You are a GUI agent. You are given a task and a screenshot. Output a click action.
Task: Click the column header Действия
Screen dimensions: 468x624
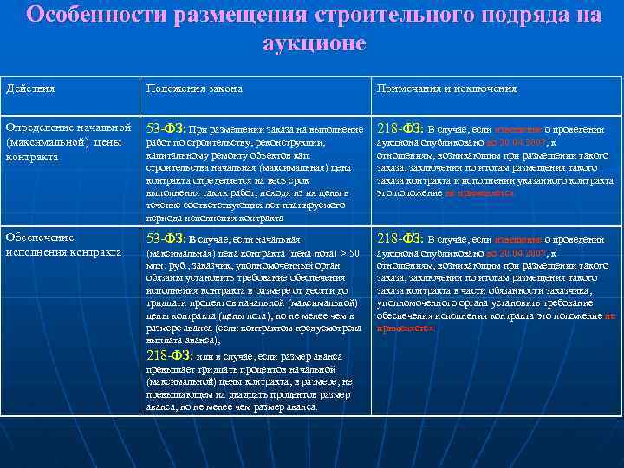click(x=28, y=89)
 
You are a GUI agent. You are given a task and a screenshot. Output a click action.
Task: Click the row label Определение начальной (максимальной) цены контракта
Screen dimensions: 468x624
click(x=68, y=142)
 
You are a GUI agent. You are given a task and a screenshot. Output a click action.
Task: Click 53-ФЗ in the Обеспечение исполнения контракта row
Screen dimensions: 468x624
click(x=166, y=238)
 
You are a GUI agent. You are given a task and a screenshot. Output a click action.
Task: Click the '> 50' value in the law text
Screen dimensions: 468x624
click(x=348, y=254)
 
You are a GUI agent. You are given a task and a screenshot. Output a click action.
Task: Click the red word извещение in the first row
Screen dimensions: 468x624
click(x=518, y=130)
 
